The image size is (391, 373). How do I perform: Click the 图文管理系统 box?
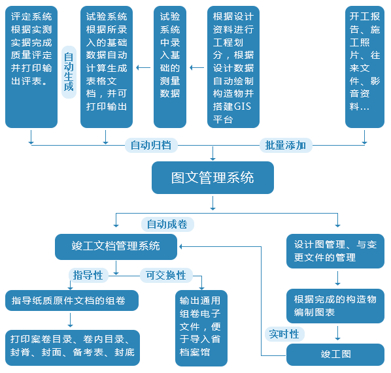(x=212, y=178)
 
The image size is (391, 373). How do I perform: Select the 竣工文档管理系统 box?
(x=116, y=247)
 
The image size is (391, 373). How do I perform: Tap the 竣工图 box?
(x=335, y=355)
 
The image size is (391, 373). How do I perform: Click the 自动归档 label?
(x=151, y=145)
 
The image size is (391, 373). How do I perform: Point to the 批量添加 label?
(x=286, y=145)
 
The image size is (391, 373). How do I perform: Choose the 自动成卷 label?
(x=167, y=224)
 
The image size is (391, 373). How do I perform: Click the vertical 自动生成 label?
(x=69, y=72)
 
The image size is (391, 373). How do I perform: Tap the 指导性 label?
(x=88, y=275)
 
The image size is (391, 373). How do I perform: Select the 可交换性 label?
(x=166, y=275)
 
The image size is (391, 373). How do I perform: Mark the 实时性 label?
(x=284, y=334)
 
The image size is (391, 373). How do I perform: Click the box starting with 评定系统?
(x=31, y=67)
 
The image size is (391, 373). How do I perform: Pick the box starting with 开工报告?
(x=365, y=67)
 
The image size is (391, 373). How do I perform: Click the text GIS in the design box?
(x=243, y=106)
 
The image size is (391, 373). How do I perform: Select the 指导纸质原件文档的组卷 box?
(x=72, y=300)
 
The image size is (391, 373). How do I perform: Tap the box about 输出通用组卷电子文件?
(x=201, y=328)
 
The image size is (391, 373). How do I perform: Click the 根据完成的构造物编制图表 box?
(x=335, y=306)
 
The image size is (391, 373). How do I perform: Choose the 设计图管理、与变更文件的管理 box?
(x=335, y=251)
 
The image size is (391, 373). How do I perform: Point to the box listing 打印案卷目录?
(x=73, y=348)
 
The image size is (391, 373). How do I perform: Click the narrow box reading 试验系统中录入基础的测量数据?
(x=170, y=67)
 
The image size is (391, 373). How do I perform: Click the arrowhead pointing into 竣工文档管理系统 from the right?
(x=180, y=247)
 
